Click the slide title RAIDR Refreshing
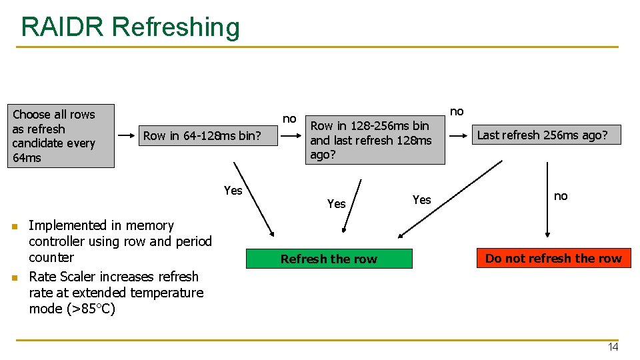(130, 27)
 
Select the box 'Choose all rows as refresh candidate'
(61, 135)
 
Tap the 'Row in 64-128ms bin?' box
(201, 136)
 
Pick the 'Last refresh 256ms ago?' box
(542, 135)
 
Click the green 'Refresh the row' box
(329, 259)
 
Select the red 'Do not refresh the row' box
(553, 258)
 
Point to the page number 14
(613, 347)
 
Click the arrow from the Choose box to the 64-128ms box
(125, 136)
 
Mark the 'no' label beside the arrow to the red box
(561, 195)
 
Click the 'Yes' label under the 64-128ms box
(233, 191)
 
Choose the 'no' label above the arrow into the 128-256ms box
(289, 119)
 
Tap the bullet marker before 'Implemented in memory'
(14, 227)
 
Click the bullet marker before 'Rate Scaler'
(14, 277)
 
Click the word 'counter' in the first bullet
(51, 257)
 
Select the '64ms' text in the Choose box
(27, 158)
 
